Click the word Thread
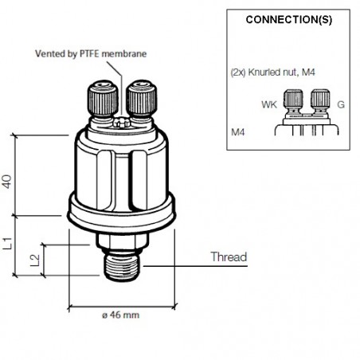[x=229, y=257]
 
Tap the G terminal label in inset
[x=341, y=103]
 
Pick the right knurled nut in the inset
[x=321, y=100]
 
